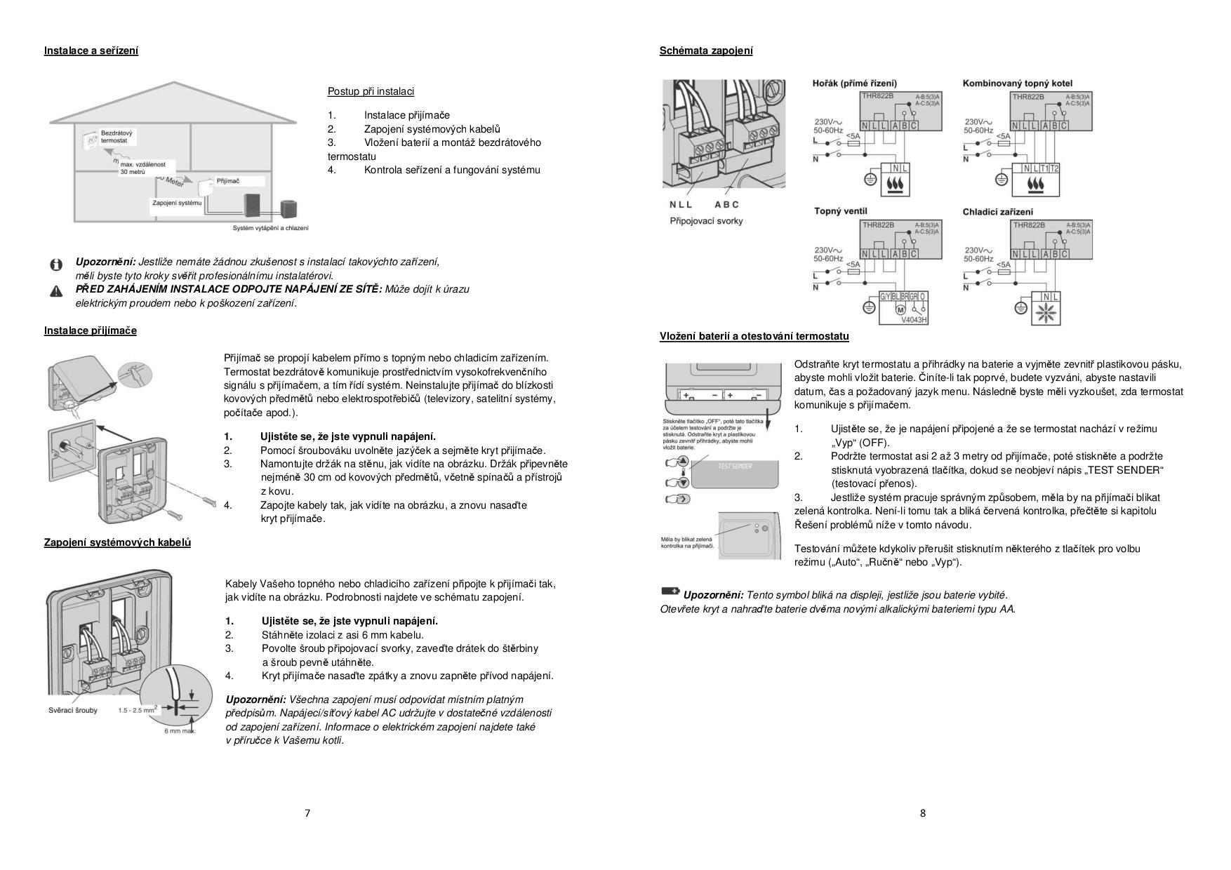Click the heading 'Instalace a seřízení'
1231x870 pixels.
coord(91,51)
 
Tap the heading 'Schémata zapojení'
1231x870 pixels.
coord(706,51)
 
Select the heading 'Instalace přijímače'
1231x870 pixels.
coord(91,330)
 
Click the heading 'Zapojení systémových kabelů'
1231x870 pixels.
coord(117,542)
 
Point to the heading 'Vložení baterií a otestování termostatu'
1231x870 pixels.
coord(754,336)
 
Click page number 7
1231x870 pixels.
coord(307,813)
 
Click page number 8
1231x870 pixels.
coord(922,813)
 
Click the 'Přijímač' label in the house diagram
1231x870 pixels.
coord(227,181)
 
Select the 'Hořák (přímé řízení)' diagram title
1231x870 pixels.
coord(854,83)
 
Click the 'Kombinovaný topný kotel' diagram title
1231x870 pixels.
coord(1027,83)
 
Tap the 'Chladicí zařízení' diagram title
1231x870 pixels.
coord(997,212)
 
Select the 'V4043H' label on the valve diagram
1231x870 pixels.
coord(914,320)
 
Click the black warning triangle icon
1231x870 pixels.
coord(56,290)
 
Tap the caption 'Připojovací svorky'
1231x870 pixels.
coord(706,221)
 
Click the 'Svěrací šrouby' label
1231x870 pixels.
coord(73,710)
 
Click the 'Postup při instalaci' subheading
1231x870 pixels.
coord(371,91)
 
